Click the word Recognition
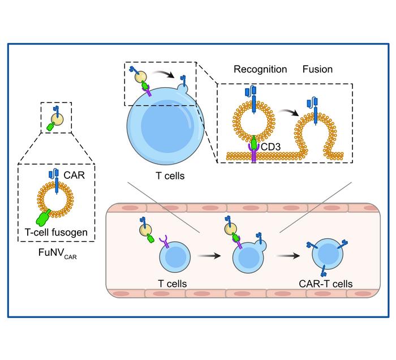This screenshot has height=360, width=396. [260, 70]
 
